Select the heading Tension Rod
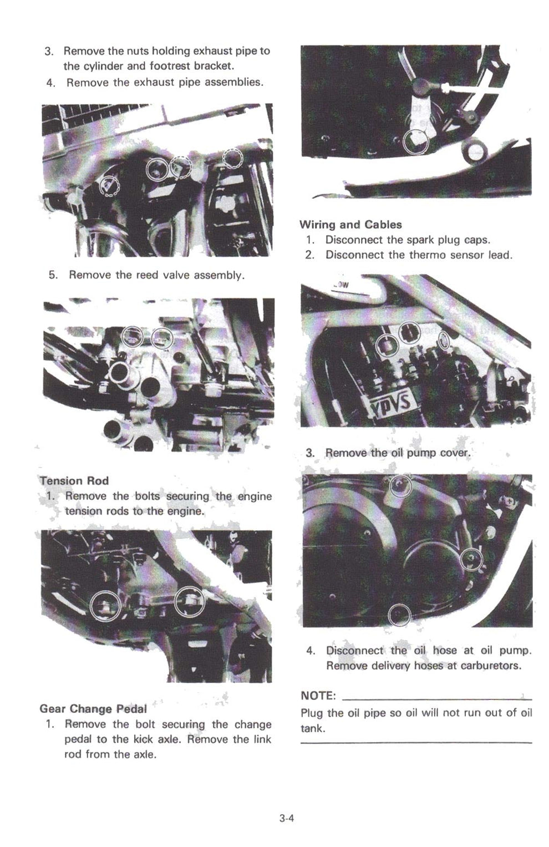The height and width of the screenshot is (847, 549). [x=74, y=480]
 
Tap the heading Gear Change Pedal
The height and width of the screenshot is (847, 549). [x=93, y=708]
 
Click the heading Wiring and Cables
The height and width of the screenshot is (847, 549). [x=350, y=225]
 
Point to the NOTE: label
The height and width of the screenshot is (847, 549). [x=318, y=696]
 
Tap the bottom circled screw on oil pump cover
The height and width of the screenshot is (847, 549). [x=399, y=615]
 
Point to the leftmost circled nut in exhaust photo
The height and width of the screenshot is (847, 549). [x=109, y=186]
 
